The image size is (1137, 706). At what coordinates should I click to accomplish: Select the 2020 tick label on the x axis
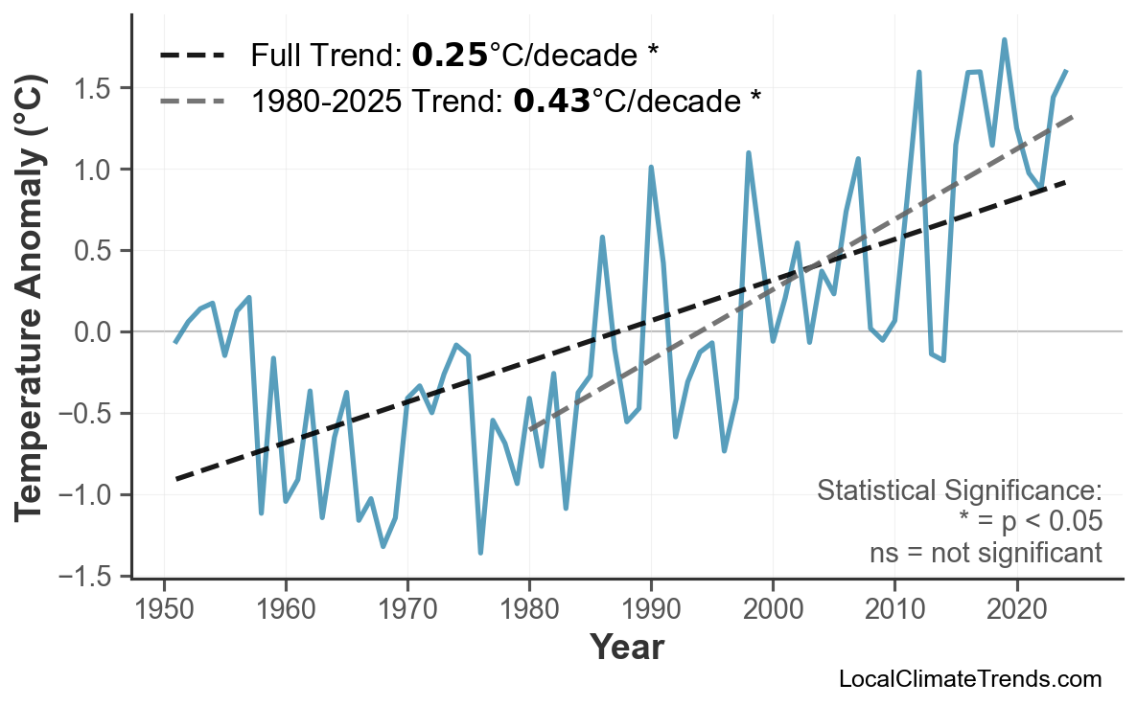tap(1016, 610)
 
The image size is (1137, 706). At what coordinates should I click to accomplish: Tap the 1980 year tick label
tap(529, 610)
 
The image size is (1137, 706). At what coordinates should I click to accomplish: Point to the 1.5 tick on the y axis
tap(94, 88)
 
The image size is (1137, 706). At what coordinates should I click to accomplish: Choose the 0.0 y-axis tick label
tap(94, 332)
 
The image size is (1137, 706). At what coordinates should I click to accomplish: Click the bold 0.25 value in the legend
tap(450, 56)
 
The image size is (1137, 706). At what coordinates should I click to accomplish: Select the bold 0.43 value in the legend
tap(551, 100)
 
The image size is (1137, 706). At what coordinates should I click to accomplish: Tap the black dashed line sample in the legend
tap(193, 56)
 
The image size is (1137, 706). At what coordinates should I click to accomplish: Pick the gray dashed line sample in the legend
tap(193, 100)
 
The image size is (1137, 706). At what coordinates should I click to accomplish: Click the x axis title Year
tap(626, 648)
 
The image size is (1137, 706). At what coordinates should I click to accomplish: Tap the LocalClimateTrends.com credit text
tap(969, 679)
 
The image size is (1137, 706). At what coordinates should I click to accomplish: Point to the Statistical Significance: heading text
tap(959, 491)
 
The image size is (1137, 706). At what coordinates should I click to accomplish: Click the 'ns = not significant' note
tap(986, 553)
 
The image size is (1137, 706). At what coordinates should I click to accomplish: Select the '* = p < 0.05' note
tap(1030, 522)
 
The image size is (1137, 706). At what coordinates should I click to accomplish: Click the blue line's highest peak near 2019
tap(1004, 40)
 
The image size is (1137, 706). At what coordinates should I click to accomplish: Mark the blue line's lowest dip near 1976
tap(480, 552)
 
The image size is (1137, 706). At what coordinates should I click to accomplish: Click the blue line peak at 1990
tap(651, 168)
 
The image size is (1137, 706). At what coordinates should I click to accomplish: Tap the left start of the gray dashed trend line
tap(530, 428)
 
